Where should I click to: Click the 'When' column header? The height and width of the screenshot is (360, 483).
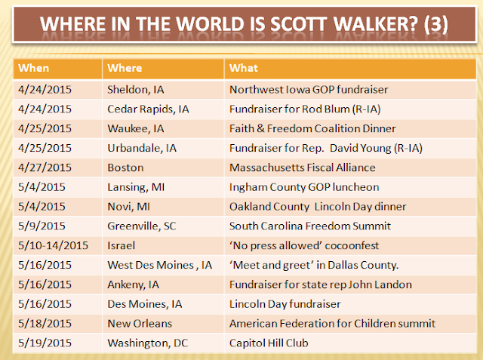coord(33,68)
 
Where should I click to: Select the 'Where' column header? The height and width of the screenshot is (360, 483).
coord(125,68)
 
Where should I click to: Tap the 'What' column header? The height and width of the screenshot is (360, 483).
coord(244,68)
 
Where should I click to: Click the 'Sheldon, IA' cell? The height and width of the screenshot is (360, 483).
coord(136,90)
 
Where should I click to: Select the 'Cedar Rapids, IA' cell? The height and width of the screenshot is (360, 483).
coord(148,109)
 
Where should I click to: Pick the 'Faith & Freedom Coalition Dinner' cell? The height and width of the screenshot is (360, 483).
coord(312,128)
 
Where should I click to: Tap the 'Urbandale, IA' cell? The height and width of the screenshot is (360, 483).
coord(142,148)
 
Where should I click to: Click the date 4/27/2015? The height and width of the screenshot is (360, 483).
coord(45,168)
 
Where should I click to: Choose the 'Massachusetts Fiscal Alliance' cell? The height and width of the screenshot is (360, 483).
coord(303,168)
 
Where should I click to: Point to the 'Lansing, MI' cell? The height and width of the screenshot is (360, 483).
coord(136,187)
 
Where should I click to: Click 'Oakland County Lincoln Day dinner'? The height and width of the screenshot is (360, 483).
coord(318,207)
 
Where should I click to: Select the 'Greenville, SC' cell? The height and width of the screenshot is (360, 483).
coord(142,226)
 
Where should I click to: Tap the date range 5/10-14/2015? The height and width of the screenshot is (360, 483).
coord(53,245)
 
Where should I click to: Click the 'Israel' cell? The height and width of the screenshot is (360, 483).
coord(121,245)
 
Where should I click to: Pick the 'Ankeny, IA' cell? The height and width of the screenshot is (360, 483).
coord(133,285)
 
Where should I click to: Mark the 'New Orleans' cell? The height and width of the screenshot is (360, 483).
coord(140,324)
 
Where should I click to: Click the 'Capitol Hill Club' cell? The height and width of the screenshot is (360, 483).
coord(269,343)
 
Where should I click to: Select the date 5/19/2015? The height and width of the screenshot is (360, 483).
coord(45,343)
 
